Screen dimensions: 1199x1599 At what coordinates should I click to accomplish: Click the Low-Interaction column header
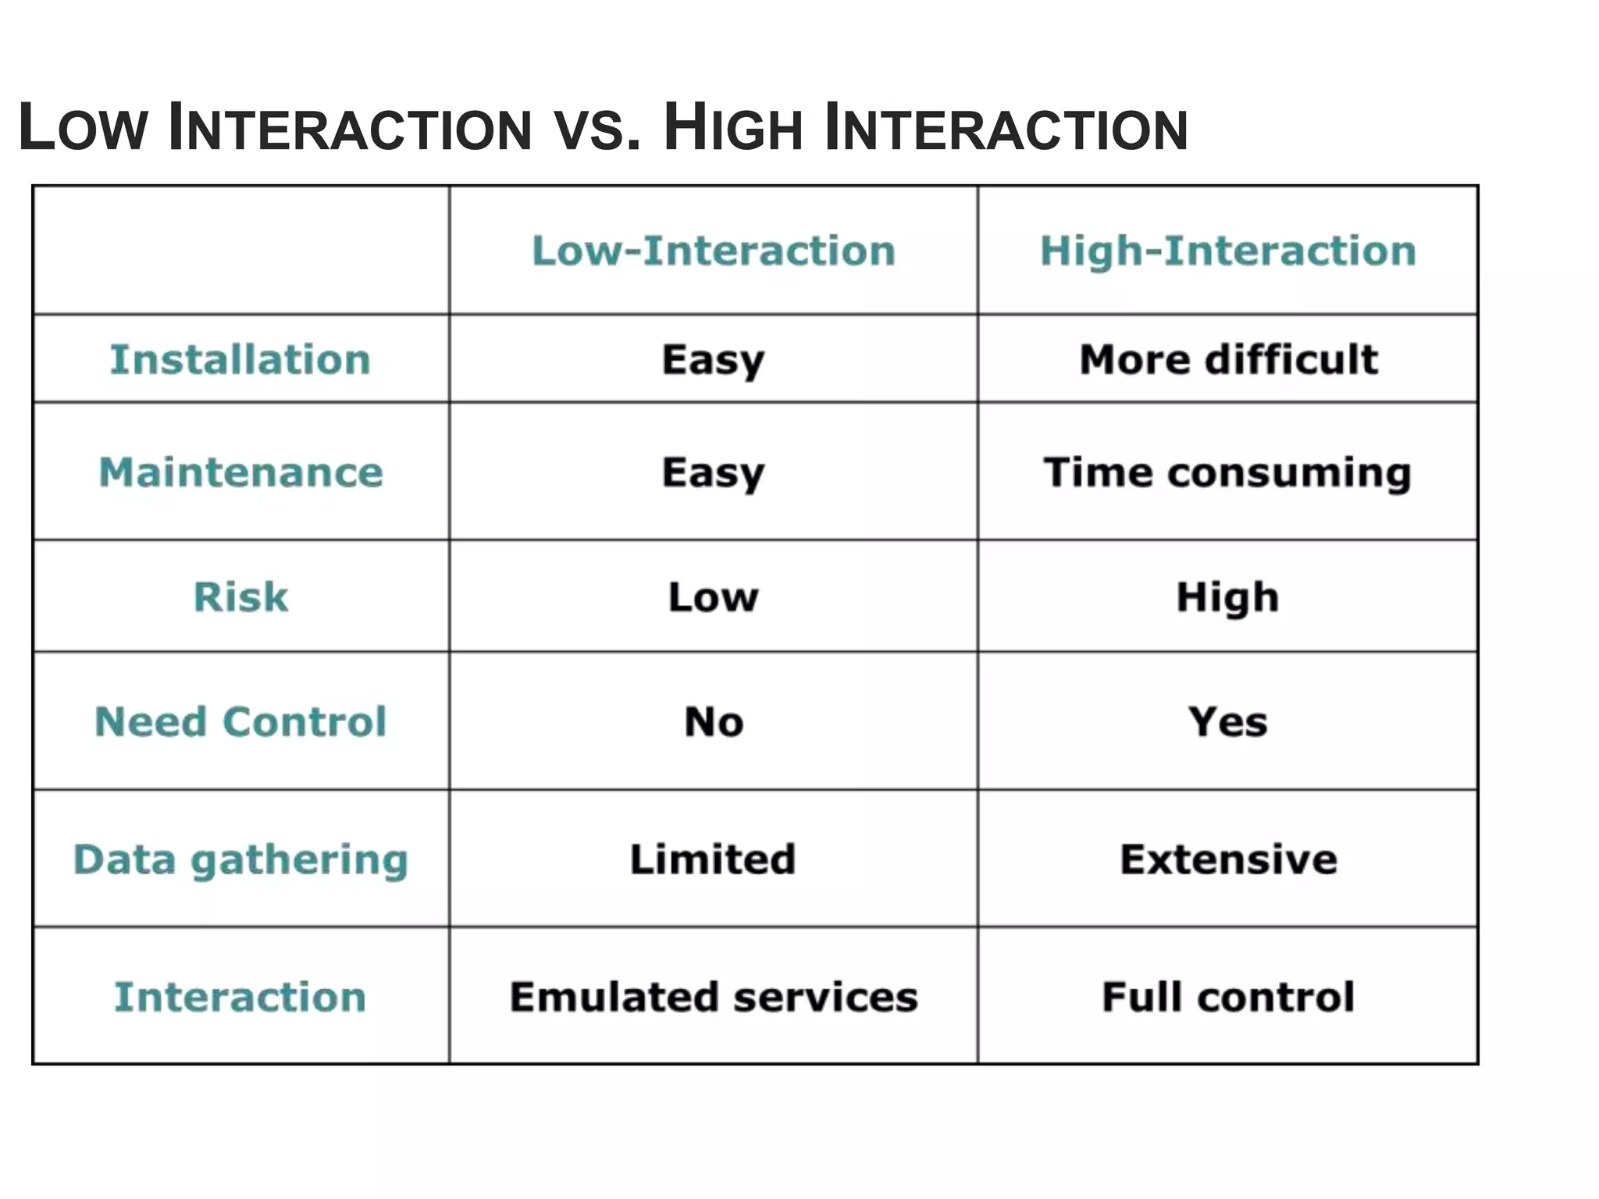(x=713, y=251)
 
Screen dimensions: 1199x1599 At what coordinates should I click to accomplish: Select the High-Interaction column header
(x=1227, y=251)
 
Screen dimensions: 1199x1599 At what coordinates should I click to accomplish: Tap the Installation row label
(x=240, y=360)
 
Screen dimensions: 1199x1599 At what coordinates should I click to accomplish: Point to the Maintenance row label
(x=240, y=472)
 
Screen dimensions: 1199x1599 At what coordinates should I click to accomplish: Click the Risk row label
(x=240, y=597)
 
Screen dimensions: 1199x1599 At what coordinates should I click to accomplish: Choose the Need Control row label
(x=240, y=721)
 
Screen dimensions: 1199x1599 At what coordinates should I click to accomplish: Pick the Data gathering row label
(x=240, y=859)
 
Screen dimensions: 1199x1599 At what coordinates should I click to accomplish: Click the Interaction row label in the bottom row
(x=240, y=997)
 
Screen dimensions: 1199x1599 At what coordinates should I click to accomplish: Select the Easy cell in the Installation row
(x=713, y=361)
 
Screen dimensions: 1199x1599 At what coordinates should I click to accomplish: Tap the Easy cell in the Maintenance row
(x=713, y=473)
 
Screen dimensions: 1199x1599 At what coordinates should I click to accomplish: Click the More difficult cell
(x=1228, y=360)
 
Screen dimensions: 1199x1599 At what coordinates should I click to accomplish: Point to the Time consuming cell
(x=1227, y=473)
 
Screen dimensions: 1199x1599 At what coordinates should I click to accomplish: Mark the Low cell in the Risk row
(x=713, y=597)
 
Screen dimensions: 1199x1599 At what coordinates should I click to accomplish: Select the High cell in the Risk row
(x=1227, y=597)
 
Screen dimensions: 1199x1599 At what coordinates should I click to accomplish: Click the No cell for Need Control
(x=714, y=721)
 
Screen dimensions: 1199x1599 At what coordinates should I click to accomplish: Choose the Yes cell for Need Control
(x=1227, y=721)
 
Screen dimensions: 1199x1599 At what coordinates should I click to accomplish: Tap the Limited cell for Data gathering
(x=713, y=859)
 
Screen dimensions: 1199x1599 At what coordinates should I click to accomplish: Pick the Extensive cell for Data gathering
(x=1228, y=859)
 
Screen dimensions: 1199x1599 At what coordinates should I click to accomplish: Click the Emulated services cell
(x=714, y=997)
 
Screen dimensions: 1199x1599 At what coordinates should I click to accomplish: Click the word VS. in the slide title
(x=597, y=130)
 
